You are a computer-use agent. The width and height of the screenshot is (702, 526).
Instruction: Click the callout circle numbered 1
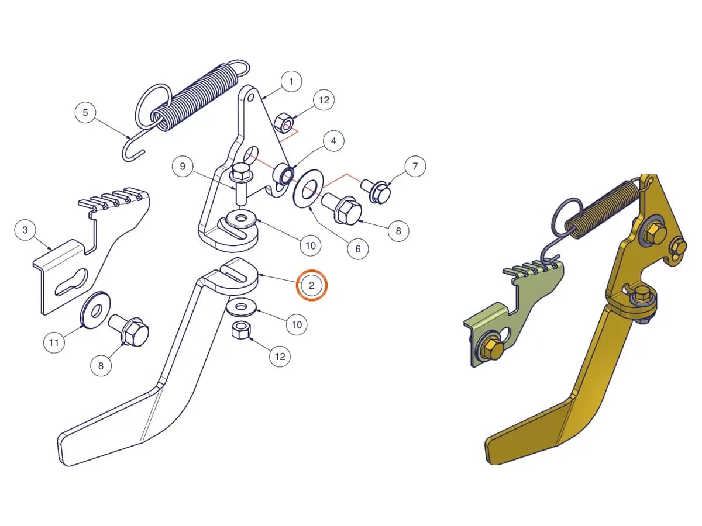coord(291,82)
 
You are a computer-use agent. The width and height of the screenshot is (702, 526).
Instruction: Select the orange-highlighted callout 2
coord(311,285)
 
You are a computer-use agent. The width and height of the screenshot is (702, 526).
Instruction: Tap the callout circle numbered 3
coord(25,230)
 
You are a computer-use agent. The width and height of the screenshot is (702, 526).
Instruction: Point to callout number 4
coord(333,141)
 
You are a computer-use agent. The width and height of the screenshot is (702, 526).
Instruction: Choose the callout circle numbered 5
coord(85,112)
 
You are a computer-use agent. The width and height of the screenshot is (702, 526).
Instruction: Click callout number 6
coord(357,249)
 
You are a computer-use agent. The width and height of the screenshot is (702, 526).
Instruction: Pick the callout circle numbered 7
coord(415,166)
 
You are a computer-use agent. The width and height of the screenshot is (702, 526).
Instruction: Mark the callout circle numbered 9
coord(183,166)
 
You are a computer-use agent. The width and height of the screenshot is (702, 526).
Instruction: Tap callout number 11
coord(54,342)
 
